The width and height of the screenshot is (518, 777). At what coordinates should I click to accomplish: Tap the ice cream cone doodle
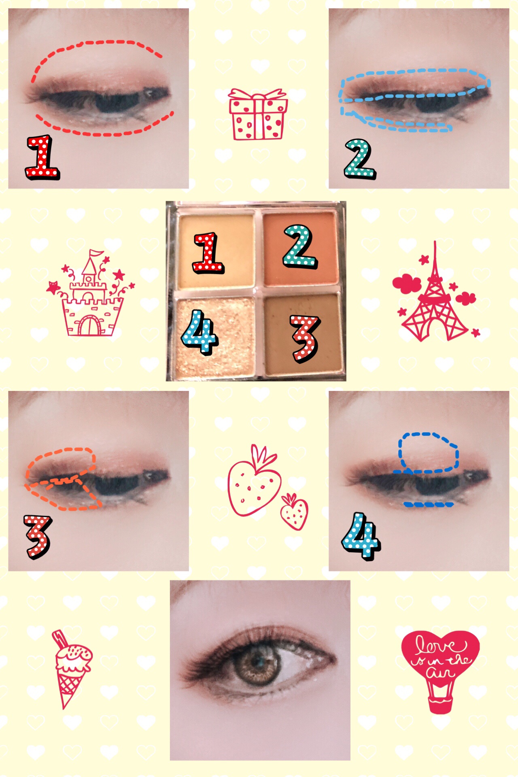(x=70, y=668)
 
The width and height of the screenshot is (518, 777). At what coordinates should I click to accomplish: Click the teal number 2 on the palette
(x=299, y=246)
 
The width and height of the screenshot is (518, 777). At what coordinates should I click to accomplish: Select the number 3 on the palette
(x=305, y=338)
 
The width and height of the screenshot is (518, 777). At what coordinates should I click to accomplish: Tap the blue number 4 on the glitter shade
(x=199, y=332)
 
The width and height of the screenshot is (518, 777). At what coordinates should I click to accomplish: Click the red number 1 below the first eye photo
(x=42, y=158)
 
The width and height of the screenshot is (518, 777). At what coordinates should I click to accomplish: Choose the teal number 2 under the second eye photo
(x=360, y=159)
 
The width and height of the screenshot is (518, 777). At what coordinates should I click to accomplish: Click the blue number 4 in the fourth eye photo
(x=361, y=537)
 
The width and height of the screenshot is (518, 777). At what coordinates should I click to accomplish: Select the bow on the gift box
(x=257, y=95)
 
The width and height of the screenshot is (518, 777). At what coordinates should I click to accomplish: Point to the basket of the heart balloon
(x=440, y=705)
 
